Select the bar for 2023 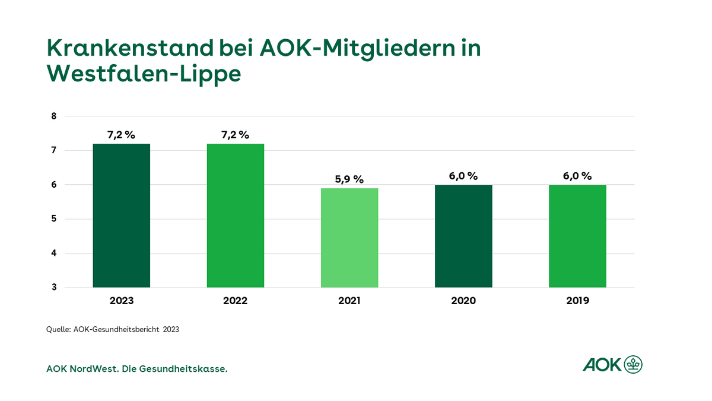122,216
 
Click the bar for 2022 236,216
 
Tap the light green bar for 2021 349,238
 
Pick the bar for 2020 463,236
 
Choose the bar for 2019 577,236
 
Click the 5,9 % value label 349,179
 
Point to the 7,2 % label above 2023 122,135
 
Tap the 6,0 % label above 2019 577,176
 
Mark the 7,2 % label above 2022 236,135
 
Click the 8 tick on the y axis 54,116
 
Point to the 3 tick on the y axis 54,288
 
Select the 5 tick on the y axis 54,219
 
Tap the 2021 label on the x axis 349,301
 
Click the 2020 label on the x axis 463,301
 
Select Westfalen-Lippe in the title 144,75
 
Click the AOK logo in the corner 612,364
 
